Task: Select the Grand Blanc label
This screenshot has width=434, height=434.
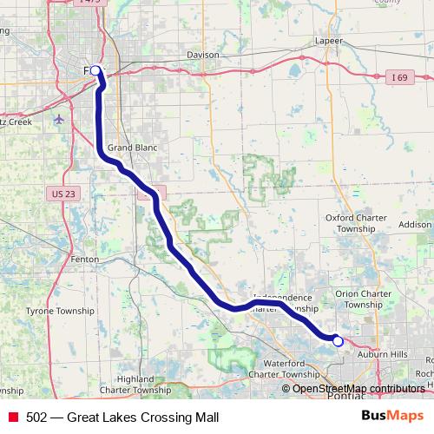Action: [132, 148]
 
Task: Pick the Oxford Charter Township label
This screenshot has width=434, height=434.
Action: [351, 223]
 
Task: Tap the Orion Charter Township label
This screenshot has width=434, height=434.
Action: [363, 299]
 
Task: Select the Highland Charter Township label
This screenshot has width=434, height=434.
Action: [147, 384]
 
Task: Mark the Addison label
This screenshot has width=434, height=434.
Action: [415, 224]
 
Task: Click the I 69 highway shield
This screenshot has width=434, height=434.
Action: [398, 78]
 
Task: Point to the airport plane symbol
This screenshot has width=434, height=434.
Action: [58, 119]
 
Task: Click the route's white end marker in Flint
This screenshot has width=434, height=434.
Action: [95, 70]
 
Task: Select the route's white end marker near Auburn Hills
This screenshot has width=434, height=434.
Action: [338, 342]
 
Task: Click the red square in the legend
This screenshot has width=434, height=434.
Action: [13, 417]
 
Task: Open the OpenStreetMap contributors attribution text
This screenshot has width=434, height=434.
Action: [358, 389]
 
